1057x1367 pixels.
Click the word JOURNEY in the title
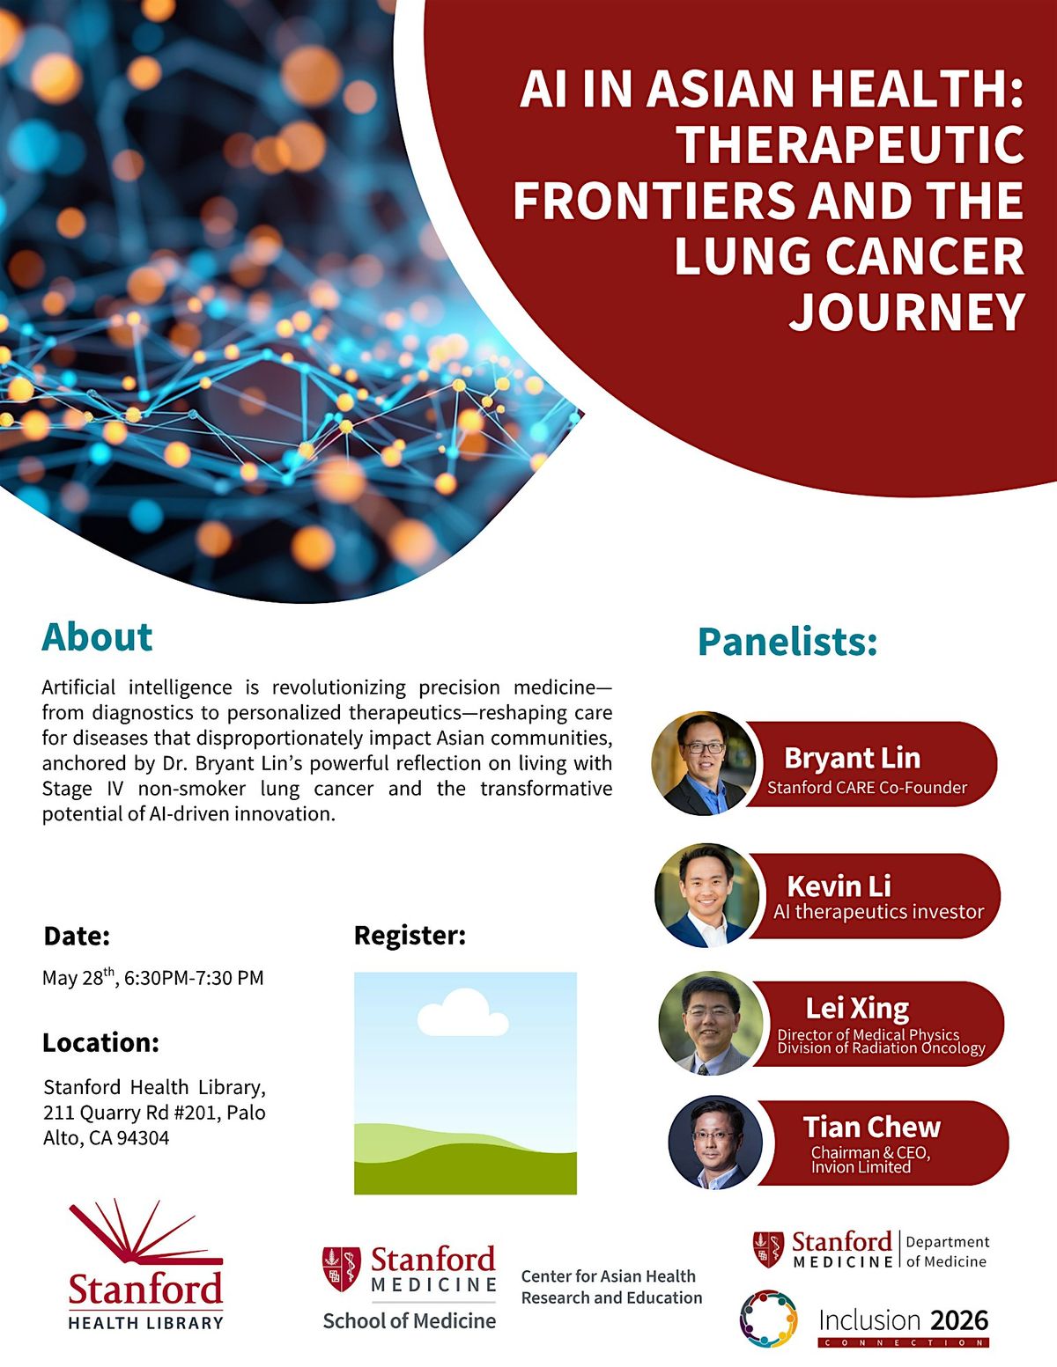click(x=907, y=312)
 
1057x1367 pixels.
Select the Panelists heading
click(x=787, y=642)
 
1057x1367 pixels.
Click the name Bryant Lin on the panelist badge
click(x=852, y=758)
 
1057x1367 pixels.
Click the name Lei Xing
click(x=857, y=1009)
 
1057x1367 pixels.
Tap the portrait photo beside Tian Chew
click(x=715, y=1143)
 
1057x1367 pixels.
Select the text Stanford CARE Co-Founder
click(x=867, y=788)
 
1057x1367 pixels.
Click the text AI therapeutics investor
click(x=878, y=912)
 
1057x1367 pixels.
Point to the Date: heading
click(x=77, y=936)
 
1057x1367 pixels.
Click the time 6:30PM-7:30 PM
click(x=194, y=978)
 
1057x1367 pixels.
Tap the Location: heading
click(x=100, y=1042)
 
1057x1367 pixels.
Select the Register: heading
click(x=410, y=936)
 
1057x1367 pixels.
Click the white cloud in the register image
click(x=462, y=1013)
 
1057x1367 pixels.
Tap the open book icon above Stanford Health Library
click(x=146, y=1232)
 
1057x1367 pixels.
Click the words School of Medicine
click(x=410, y=1320)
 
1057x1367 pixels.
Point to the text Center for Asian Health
click(x=608, y=1275)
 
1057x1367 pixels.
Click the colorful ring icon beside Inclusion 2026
click(x=769, y=1319)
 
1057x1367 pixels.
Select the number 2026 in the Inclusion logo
click(x=959, y=1319)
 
